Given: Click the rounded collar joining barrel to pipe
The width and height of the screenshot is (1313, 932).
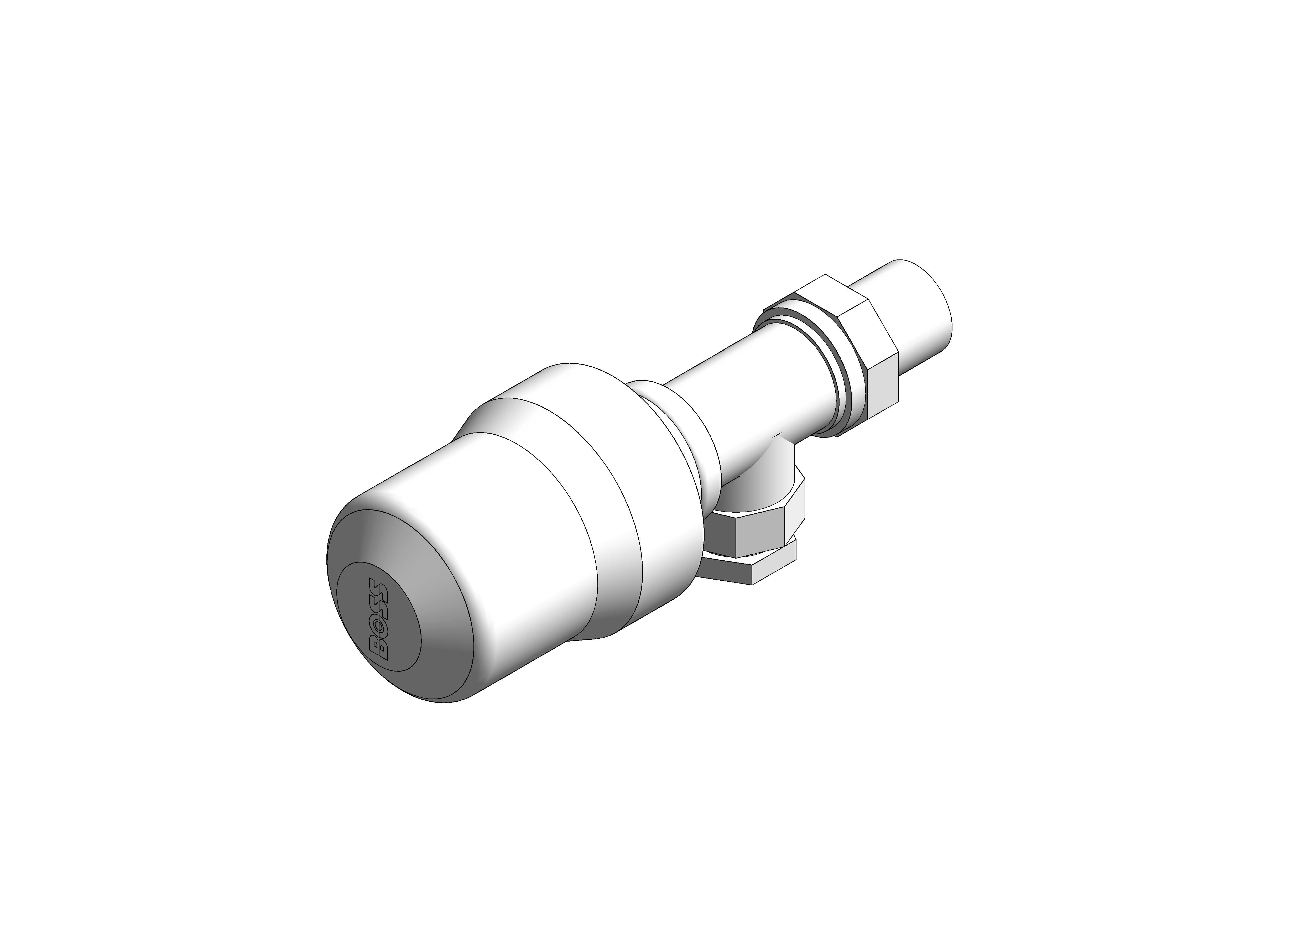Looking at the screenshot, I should (x=689, y=436).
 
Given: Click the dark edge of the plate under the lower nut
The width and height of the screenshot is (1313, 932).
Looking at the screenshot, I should (x=726, y=571).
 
